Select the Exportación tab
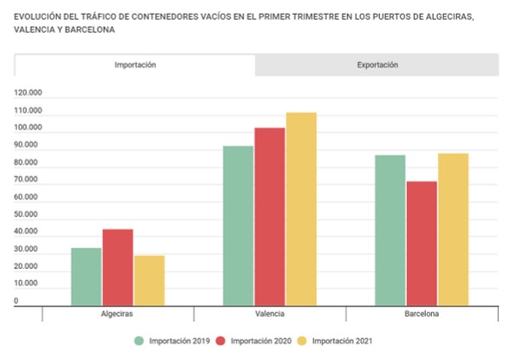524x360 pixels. (377, 65)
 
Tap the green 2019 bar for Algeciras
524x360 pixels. (86, 276)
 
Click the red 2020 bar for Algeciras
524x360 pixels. (117, 266)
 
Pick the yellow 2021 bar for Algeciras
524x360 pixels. (148, 279)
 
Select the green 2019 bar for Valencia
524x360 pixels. (239, 225)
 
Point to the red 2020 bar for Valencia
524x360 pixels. (270, 216)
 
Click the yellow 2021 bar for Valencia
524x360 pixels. (301, 208)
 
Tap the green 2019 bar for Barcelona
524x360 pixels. (390, 230)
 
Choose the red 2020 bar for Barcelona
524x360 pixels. (422, 243)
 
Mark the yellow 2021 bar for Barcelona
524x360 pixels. (453, 229)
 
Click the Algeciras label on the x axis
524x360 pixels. (117, 313)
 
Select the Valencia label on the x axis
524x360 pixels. (270, 313)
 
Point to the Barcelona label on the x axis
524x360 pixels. (422, 313)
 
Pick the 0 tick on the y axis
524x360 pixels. (16, 301)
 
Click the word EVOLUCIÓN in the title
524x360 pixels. (40, 15)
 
